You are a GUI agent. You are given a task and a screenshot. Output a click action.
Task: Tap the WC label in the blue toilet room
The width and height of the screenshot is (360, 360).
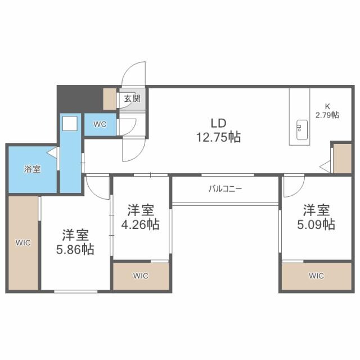pyautogui.click(x=101, y=124)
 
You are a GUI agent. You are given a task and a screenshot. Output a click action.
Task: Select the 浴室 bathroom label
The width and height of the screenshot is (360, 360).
pyautogui.click(x=31, y=169)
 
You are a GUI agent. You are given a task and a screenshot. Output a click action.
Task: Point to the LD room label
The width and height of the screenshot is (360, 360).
pyautogui.click(x=218, y=123)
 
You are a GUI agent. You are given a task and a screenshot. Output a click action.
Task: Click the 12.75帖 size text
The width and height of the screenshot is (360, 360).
pyautogui.click(x=218, y=137)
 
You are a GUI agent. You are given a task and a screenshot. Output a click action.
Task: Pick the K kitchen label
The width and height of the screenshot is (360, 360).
pyautogui.click(x=327, y=105)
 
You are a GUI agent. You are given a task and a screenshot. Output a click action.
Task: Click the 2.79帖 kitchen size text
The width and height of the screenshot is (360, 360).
pyautogui.click(x=327, y=115)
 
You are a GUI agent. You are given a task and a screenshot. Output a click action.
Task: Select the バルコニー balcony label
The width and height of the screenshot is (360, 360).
pyautogui.click(x=225, y=188)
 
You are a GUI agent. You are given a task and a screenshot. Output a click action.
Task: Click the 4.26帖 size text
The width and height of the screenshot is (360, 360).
pyautogui.click(x=141, y=224)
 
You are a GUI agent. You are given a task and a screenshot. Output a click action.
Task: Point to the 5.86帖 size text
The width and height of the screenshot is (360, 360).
pyautogui.click(x=75, y=249)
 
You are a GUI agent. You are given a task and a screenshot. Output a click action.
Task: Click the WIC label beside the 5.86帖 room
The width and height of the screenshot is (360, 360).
pyautogui.click(x=23, y=243)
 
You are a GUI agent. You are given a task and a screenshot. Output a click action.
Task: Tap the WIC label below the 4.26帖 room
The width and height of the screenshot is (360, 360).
pyautogui.click(x=141, y=276)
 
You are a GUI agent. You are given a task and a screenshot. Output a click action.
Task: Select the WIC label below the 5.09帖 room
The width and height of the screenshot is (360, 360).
pyautogui.click(x=317, y=276)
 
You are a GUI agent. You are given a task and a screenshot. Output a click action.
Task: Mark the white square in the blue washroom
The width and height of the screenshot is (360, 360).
pyautogui.click(x=70, y=125)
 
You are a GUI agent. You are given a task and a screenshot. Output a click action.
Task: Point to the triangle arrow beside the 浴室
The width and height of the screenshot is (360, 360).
pyautogui.click(x=52, y=152)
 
